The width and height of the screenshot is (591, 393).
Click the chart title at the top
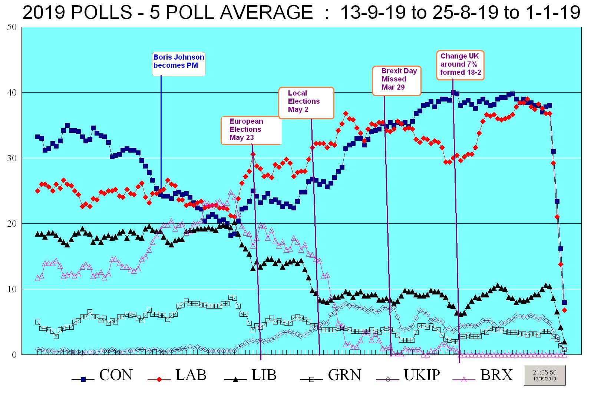pyautogui.click(x=301, y=13)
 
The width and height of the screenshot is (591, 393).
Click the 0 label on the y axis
pyautogui.click(x=14, y=355)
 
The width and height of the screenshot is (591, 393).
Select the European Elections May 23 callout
pyautogui.click(x=251, y=130)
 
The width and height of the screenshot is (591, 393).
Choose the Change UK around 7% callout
pyautogui.click(x=460, y=64)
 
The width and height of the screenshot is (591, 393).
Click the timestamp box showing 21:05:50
pyautogui.click(x=545, y=375)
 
